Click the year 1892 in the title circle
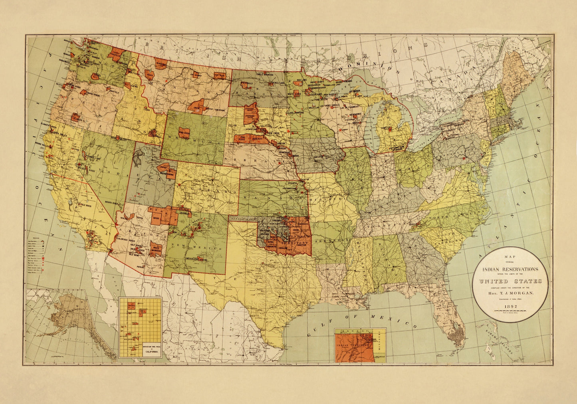[511, 307]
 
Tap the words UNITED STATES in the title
[511, 281]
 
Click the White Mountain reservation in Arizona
[156, 249]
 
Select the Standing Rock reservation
[250, 109]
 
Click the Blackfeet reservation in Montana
[161, 64]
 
